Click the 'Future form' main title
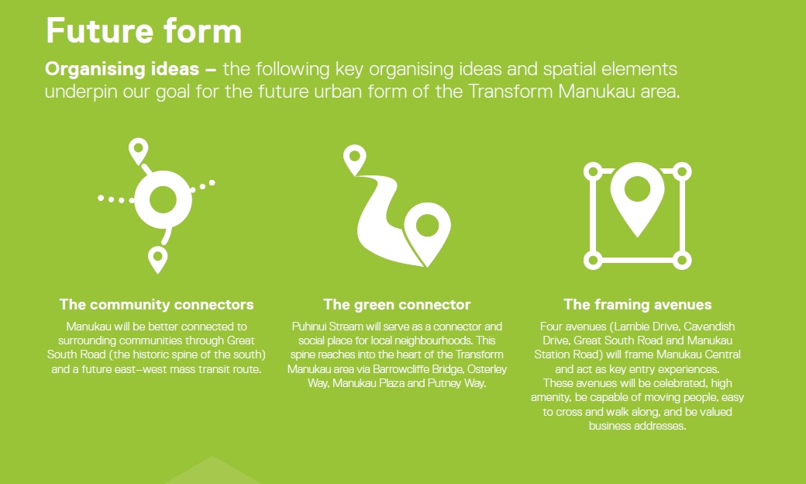pos(143,30)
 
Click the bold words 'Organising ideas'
pos(122,69)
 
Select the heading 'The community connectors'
pos(157,305)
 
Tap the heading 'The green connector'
pos(397,305)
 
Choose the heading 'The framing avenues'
pos(637,305)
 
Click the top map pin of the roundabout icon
pos(138,150)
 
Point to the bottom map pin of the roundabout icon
pos(158,259)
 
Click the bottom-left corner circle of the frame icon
pos(593,261)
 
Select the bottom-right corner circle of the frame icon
pos(682,261)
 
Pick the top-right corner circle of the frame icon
pos(682,171)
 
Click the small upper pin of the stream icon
pos(355,159)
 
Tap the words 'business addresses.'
pos(637,426)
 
